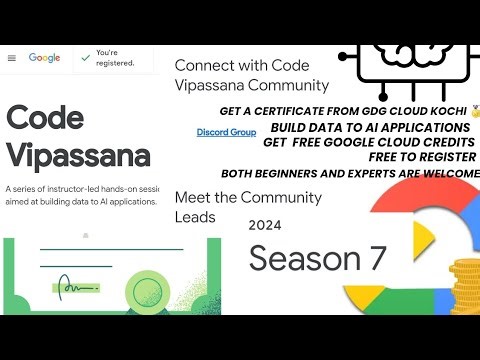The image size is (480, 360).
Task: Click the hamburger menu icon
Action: tap(12, 58)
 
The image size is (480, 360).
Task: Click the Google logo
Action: tap(45, 58)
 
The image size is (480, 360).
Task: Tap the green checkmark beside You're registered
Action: tap(85, 58)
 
